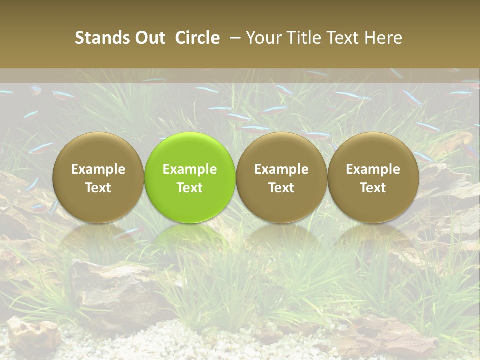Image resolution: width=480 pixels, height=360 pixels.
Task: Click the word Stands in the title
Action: point(97,38)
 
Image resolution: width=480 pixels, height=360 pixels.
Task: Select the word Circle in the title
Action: point(197,38)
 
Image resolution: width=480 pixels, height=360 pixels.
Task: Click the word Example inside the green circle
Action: point(190,169)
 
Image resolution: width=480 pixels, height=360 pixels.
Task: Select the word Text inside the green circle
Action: point(190,188)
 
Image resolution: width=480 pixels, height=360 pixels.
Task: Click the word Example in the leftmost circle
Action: point(98,169)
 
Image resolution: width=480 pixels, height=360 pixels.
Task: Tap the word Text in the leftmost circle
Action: point(98,188)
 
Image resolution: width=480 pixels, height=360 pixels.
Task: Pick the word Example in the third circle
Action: point(281,169)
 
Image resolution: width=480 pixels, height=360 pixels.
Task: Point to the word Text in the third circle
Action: point(281,188)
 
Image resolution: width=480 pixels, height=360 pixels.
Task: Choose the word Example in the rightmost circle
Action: point(373,169)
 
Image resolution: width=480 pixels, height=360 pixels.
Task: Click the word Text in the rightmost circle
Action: point(373,188)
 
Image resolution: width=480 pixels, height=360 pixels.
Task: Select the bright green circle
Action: point(190,150)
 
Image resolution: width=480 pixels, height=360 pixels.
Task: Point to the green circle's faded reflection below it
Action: point(190,240)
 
